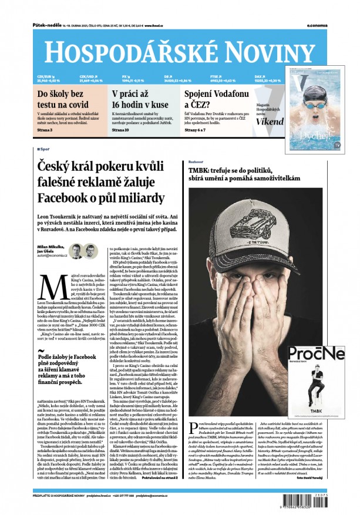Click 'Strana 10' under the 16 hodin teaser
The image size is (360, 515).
(121, 129)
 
